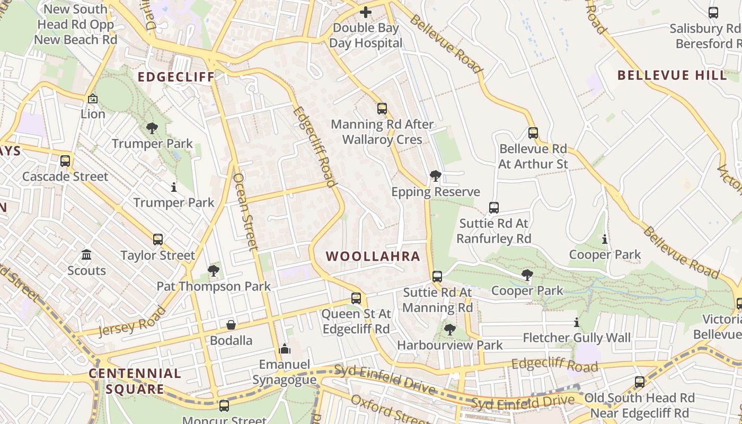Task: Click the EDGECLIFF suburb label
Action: [x=176, y=77]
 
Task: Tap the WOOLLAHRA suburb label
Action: [x=373, y=257]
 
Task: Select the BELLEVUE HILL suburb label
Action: [x=672, y=75]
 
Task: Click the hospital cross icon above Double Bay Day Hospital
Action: [x=366, y=12]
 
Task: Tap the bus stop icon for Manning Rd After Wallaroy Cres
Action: [x=382, y=109]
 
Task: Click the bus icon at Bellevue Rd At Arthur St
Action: [x=533, y=133]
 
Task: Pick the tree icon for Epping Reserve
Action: [x=436, y=176]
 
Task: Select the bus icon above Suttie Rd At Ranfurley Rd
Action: [x=494, y=208]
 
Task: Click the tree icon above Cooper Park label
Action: [x=527, y=275]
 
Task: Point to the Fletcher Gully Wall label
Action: [x=577, y=338]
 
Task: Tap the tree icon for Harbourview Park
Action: [x=450, y=330]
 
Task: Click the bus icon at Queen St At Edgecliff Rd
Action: [x=356, y=298]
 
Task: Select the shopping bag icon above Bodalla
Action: [x=231, y=324]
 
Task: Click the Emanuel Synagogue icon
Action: [x=285, y=349]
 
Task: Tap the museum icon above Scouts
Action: [x=86, y=255]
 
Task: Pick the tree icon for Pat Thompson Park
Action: [x=214, y=271]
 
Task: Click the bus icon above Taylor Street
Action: [x=158, y=240]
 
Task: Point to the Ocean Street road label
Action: [x=245, y=211]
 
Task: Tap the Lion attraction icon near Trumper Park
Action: [x=93, y=99]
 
